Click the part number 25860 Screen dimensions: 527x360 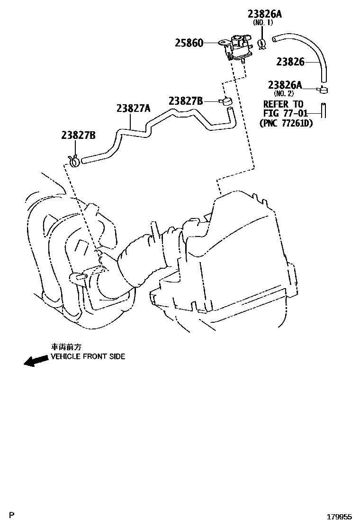[x=189, y=44]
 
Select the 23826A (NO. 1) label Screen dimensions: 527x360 [x=264, y=15]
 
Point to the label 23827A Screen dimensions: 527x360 [x=133, y=109]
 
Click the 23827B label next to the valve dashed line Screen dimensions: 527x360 [x=186, y=100]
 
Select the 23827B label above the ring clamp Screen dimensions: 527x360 [x=78, y=135]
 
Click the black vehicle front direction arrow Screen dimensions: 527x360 [x=36, y=361]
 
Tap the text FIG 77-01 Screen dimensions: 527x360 [x=285, y=113]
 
